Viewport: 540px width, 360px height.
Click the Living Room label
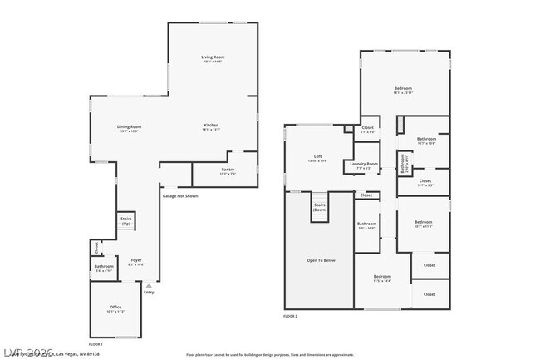point(213,59)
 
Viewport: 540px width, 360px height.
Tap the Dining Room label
point(129,128)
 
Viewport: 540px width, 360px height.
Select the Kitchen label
point(212,127)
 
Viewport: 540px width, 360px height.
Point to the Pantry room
point(228,172)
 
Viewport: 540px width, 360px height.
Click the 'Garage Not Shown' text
point(179,196)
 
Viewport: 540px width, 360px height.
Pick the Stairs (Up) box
point(126,221)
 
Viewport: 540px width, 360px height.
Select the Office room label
point(115,309)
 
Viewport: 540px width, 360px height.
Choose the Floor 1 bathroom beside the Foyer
point(104,269)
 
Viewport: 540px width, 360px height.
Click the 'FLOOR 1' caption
point(96,344)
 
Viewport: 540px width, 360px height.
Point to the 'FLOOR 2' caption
point(290,317)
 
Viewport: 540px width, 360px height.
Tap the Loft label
point(317,158)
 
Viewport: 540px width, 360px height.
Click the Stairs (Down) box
point(320,207)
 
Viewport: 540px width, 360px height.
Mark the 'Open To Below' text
point(321,261)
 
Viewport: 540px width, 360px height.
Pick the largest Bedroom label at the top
point(403,90)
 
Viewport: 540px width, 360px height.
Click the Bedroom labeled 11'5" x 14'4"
point(382,278)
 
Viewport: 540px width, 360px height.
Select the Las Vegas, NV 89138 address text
point(75,353)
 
